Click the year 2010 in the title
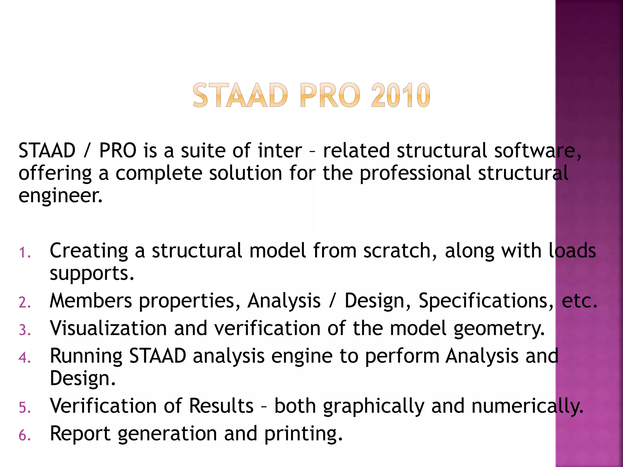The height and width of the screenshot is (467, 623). point(400,95)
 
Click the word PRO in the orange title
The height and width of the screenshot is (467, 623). point(330,95)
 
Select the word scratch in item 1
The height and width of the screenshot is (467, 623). point(400,251)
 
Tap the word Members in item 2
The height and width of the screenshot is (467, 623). point(91,301)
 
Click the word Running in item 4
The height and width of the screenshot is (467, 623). point(86,356)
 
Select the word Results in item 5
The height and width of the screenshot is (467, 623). point(221,406)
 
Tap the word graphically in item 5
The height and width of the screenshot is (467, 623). point(374,407)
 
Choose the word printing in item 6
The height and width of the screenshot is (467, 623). point(303,434)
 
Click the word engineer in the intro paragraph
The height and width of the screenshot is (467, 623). point(60,196)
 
